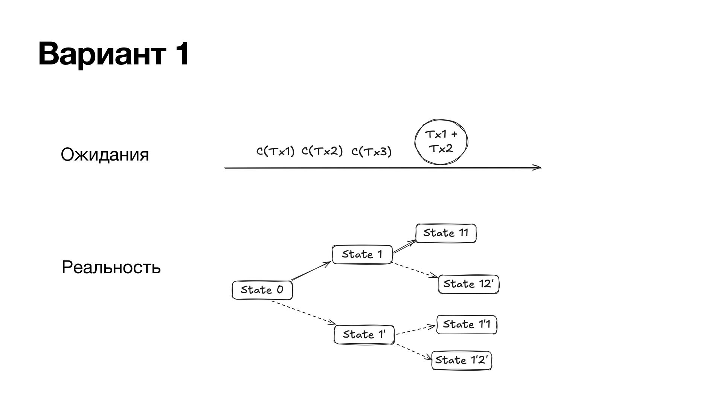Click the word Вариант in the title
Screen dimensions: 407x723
[101, 55]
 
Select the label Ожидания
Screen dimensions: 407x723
[105, 155]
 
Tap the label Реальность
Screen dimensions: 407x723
[111, 268]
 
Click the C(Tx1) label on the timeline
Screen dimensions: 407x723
[275, 151]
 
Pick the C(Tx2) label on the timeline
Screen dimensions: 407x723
[322, 151]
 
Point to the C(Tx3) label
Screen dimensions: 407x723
[371, 152]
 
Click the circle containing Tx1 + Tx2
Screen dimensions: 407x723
[441, 142]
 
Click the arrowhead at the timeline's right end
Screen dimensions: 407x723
[538, 168]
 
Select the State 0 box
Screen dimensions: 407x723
[262, 290]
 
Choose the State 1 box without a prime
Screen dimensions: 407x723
[362, 254]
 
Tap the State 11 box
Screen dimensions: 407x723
[446, 233]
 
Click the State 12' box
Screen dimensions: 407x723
[468, 284]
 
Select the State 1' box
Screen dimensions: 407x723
[364, 335]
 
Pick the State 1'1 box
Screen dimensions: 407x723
[467, 324]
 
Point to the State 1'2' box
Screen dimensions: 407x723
[462, 360]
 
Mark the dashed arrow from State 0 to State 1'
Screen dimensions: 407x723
[303, 312]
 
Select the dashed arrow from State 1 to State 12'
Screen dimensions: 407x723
[414, 270]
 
